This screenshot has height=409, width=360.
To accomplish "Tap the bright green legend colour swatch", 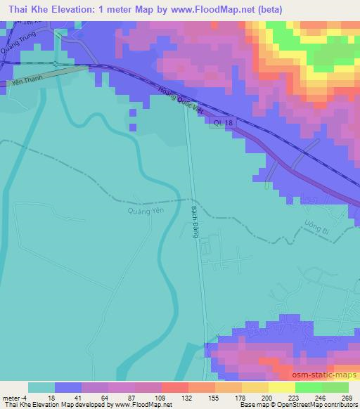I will [x=308, y=387].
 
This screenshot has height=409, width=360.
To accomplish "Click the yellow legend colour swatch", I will [x=281, y=387].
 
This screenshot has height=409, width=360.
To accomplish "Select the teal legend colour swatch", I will [x=41, y=387].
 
